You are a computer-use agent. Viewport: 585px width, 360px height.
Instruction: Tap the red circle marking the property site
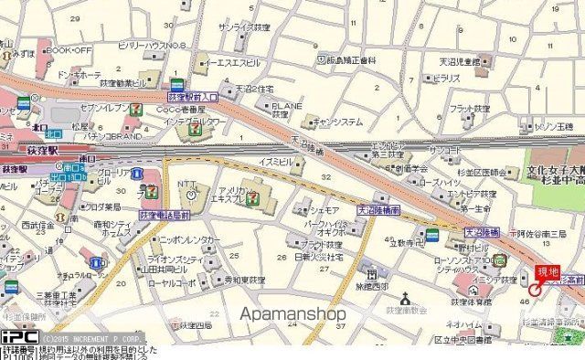[x=535, y=290]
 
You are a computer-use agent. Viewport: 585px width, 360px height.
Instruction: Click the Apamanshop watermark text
[x=292, y=313]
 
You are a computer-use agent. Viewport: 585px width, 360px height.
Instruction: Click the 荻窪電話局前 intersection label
[x=164, y=213]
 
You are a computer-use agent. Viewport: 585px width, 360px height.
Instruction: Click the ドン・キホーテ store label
[x=77, y=74]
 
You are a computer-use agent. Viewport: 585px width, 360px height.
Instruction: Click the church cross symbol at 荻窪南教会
[x=405, y=297]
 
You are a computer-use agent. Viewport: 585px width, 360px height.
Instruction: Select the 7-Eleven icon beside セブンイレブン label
[x=135, y=108]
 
